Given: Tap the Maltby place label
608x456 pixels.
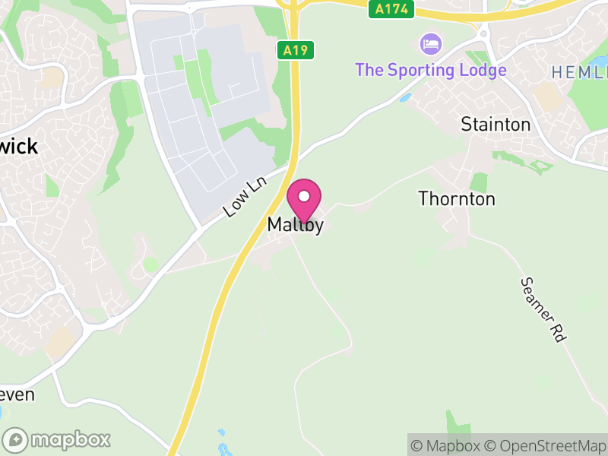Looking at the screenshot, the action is point(296,226).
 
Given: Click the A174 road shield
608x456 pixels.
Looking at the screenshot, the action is point(391,9).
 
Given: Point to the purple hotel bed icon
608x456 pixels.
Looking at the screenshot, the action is point(431,43).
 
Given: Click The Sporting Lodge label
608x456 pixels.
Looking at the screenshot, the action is point(430,70).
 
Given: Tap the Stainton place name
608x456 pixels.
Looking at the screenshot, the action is point(496,125).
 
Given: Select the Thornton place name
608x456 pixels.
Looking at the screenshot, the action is point(457,199).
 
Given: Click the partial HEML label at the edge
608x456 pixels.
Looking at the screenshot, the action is point(579,72).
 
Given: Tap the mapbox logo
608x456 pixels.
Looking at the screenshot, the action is point(58,439).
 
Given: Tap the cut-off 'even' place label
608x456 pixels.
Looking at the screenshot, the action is point(17,394).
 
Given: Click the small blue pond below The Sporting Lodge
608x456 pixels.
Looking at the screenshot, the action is point(405,98).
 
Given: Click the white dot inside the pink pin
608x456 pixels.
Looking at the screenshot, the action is point(304,197).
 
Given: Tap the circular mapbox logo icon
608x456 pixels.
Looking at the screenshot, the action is point(15,439).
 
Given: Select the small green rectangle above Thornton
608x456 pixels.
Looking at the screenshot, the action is point(478,182).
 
